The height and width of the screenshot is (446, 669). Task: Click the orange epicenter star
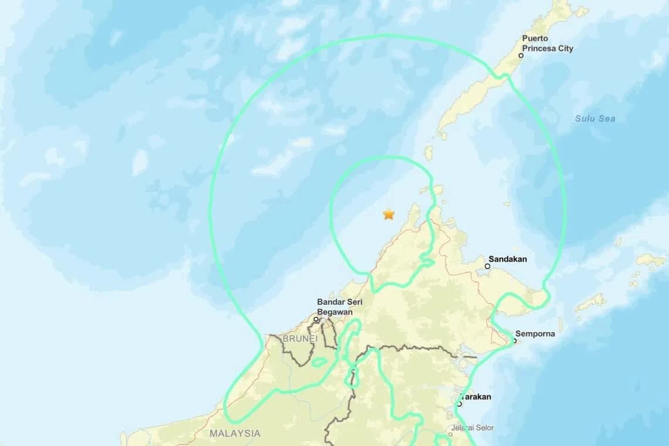(388, 214)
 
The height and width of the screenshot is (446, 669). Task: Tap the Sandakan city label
(508, 259)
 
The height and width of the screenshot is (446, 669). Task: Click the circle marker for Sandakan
(487, 266)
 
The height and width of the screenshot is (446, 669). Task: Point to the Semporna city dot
(515, 341)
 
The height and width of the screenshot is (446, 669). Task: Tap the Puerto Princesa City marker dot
(521, 56)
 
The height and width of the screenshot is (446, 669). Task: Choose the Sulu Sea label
(595, 119)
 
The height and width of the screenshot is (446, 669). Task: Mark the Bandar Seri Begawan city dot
(316, 320)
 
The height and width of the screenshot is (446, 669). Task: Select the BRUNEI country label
(300, 339)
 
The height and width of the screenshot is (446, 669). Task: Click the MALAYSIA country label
(235, 434)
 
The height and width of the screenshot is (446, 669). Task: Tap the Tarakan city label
(478, 397)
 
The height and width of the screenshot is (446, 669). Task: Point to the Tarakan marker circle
(459, 404)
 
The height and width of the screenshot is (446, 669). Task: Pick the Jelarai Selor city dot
(450, 435)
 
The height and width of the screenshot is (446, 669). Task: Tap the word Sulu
(584, 119)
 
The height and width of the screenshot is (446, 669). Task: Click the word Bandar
(330, 302)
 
